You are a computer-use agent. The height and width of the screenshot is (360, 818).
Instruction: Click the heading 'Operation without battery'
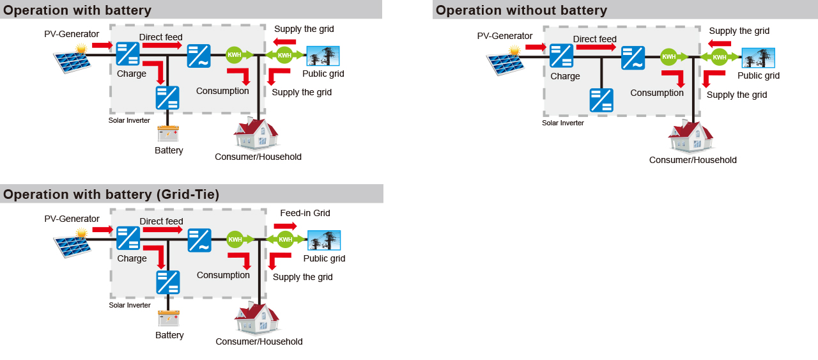[x=521, y=10]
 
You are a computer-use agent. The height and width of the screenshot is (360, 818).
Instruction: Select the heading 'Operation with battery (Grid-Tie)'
[x=111, y=194]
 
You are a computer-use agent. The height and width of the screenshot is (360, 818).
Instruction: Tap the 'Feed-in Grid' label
[x=305, y=213]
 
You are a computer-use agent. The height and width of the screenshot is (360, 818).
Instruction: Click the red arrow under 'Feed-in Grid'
[x=285, y=226]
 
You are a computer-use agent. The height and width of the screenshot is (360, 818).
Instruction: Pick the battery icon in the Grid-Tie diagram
[x=169, y=318]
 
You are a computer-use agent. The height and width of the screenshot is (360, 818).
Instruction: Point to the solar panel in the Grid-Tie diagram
[x=72, y=245]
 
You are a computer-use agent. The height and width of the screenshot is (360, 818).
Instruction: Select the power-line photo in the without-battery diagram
[x=758, y=58]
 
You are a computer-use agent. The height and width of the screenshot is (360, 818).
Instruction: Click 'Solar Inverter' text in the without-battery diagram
[x=563, y=123]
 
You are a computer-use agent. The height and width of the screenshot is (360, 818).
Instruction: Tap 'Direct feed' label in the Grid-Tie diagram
[x=161, y=221]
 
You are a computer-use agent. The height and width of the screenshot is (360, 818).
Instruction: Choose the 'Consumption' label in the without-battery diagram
[x=657, y=93]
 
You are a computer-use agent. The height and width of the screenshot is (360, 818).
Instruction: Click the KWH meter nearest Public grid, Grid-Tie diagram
[x=285, y=240]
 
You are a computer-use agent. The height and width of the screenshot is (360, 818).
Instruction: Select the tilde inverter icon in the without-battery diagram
[x=633, y=58]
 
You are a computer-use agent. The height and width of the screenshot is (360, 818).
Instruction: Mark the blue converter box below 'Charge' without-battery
[x=601, y=100]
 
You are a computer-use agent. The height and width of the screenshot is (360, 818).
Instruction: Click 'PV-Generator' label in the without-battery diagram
[x=505, y=36]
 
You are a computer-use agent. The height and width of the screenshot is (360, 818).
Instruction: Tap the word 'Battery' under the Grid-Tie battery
[x=169, y=335]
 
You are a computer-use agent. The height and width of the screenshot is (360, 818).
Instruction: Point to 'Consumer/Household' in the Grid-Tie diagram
[x=259, y=341]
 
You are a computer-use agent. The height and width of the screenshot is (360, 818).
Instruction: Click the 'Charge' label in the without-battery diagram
[x=565, y=76]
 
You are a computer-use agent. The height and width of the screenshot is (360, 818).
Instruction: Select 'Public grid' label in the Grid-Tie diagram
[x=324, y=258]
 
